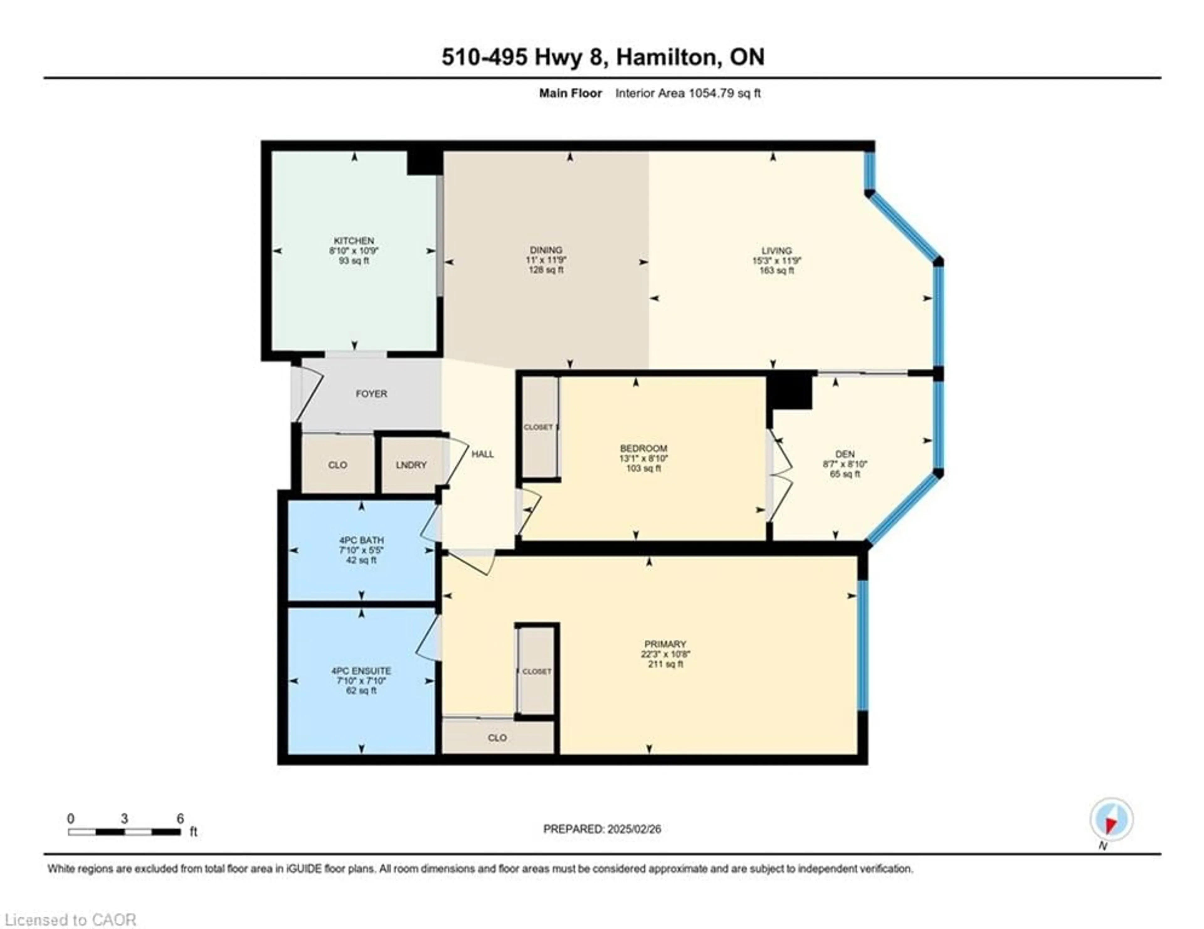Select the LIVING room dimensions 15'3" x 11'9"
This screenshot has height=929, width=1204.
click(x=776, y=261)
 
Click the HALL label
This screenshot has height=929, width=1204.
click(x=482, y=454)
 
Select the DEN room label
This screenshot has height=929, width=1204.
click(x=845, y=454)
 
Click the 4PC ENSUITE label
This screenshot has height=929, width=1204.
click(x=361, y=670)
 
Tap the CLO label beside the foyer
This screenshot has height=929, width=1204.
click(x=337, y=465)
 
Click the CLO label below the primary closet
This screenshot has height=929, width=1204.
click(x=497, y=738)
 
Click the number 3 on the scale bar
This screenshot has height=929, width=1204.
click(x=124, y=819)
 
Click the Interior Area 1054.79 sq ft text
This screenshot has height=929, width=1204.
click(x=688, y=93)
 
